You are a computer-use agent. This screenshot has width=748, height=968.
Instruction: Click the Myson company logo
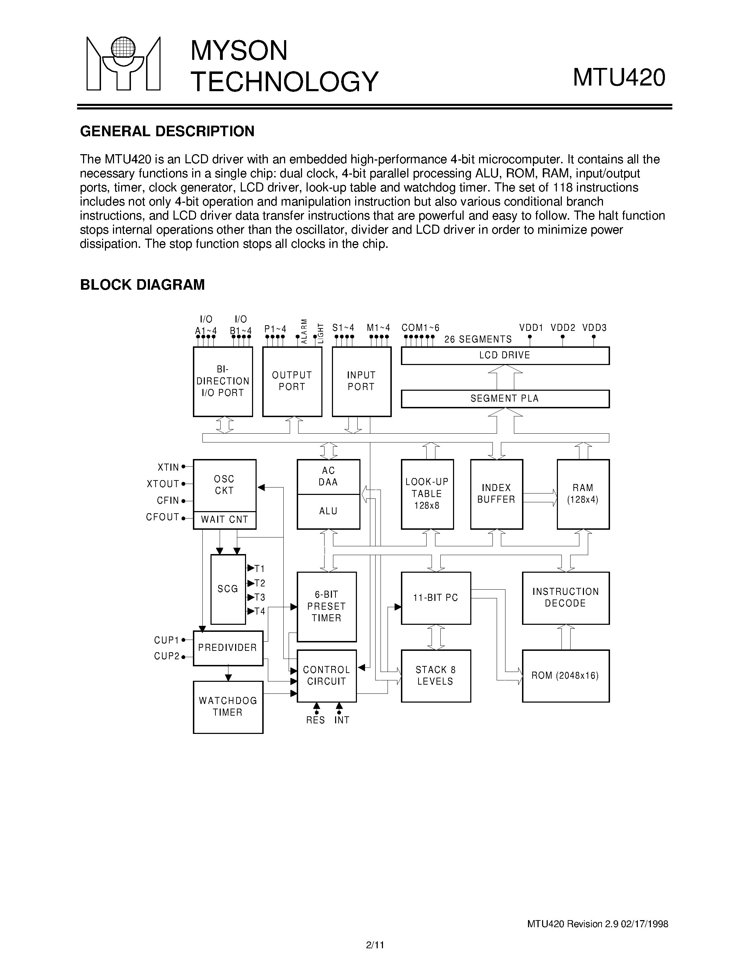(123, 64)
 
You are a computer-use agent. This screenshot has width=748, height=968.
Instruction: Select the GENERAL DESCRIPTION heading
(167, 131)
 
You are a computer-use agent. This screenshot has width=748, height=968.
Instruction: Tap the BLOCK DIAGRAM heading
(142, 284)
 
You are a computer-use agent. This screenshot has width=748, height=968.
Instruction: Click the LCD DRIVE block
(505, 356)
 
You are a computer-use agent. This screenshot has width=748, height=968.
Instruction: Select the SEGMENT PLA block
(505, 398)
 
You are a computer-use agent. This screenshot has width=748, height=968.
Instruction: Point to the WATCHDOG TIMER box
(228, 706)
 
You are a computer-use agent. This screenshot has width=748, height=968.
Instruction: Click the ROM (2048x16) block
(565, 675)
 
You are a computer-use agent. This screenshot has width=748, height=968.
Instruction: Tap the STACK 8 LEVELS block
(435, 675)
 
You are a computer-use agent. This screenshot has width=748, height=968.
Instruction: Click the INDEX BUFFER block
(496, 494)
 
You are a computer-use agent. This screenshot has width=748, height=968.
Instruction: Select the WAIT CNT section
(225, 520)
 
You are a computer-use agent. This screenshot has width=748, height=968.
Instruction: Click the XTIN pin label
(168, 467)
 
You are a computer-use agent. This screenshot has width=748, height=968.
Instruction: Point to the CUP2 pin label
(166, 656)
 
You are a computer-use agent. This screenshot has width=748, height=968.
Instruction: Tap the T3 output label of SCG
(260, 597)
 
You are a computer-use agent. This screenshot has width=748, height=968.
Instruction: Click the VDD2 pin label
(563, 328)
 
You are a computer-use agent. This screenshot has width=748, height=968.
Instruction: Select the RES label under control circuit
(315, 720)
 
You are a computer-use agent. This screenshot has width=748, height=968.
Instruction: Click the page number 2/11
(375, 944)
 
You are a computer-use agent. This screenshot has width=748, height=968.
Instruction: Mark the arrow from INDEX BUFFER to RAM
(540, 497)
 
